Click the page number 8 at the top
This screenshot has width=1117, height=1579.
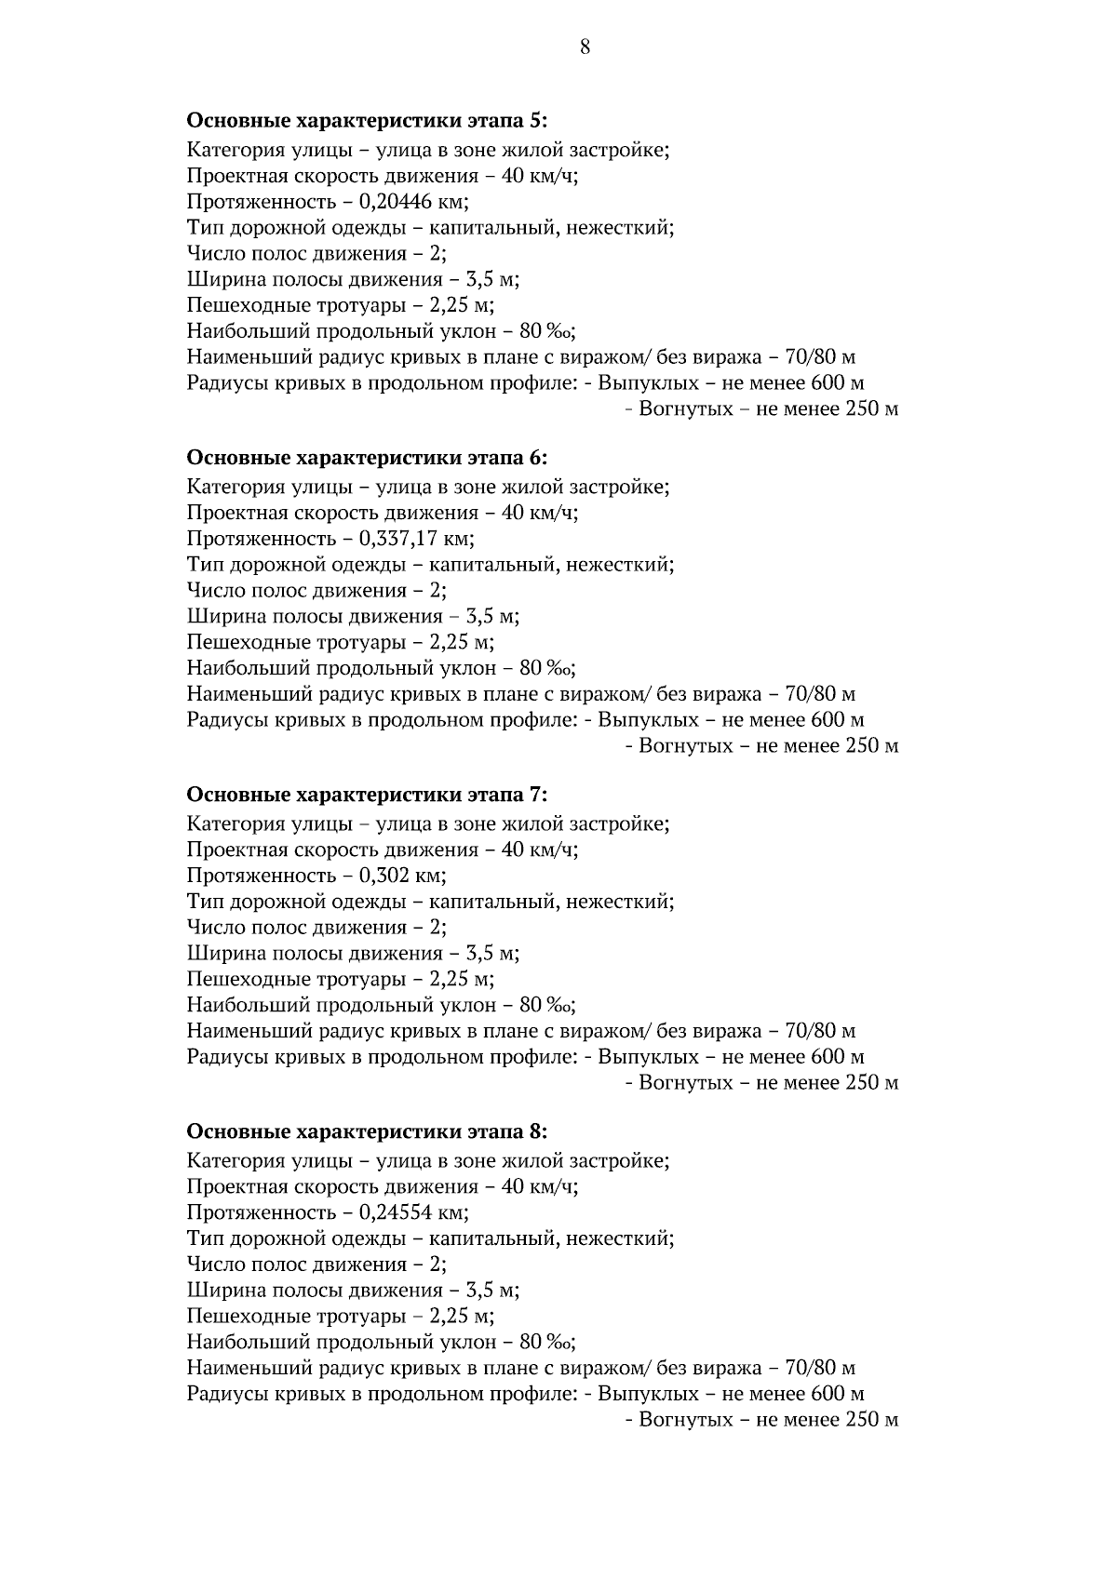point(585,47)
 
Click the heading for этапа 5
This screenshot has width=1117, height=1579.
point(367,121)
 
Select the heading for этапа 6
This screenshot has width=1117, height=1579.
point(367,458)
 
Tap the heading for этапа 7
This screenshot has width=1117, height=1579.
point(367,795)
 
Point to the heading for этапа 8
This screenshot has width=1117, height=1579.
point(367,1131)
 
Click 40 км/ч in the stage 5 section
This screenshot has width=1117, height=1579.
point(539,176)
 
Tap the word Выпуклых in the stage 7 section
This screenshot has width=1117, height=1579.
point(648,1057)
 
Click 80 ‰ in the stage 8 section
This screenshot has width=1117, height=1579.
point(546,1342)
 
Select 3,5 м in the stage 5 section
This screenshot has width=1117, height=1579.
point(492,279)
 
